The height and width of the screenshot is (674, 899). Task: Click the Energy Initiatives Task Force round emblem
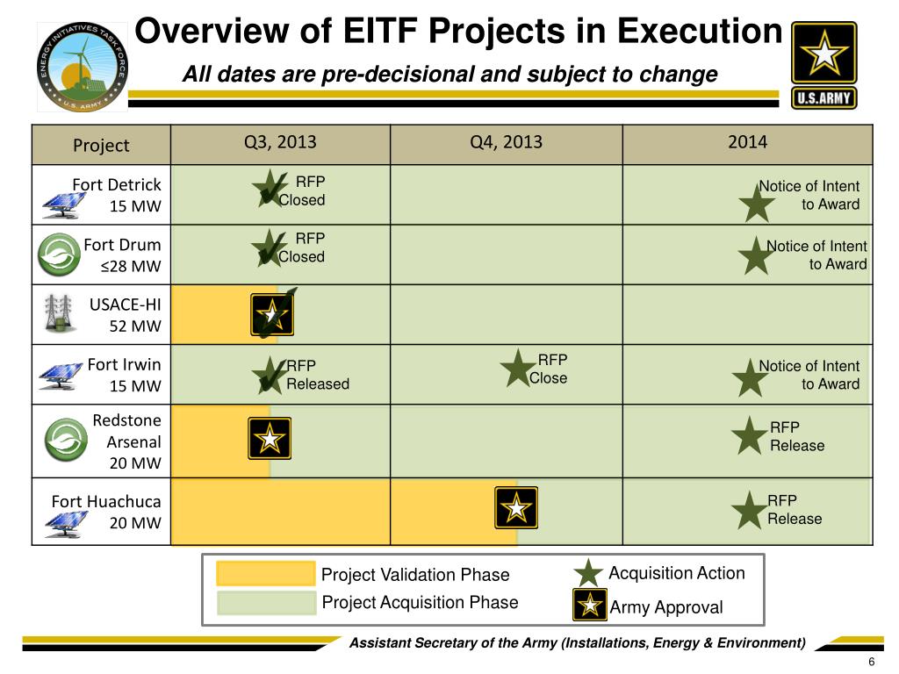click(x=82, y=67)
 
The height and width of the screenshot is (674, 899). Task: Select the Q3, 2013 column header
click(x=280, y=143)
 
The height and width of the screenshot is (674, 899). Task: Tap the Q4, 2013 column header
click(x=506, y=143)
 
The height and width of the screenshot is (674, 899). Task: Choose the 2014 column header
click(x=747, y=143)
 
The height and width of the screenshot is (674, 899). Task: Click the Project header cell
click(x=101, y=145)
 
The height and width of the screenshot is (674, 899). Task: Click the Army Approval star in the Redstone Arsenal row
click(x=270, y=438)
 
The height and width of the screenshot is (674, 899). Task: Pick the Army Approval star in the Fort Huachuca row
click(x=516, y=507)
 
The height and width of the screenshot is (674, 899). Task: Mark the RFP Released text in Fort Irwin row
click(x=317, y=376)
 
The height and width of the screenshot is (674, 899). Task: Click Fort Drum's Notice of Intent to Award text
click(x=816, y=255)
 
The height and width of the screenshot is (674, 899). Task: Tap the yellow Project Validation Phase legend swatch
click(x=266, y=574)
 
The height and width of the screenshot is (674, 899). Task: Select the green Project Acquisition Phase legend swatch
click(x=266, y=602)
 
